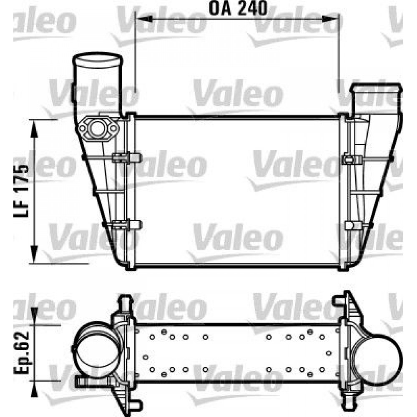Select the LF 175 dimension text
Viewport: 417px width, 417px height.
pyautogui.click(x=22, y=191)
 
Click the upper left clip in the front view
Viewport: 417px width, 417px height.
pyautogui.click(x=126, y=158)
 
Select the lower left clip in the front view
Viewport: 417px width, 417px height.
pyautogui.click(x=126, y=225)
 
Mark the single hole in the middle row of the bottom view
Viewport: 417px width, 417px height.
pyautogui.click(x=146, y=357)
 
